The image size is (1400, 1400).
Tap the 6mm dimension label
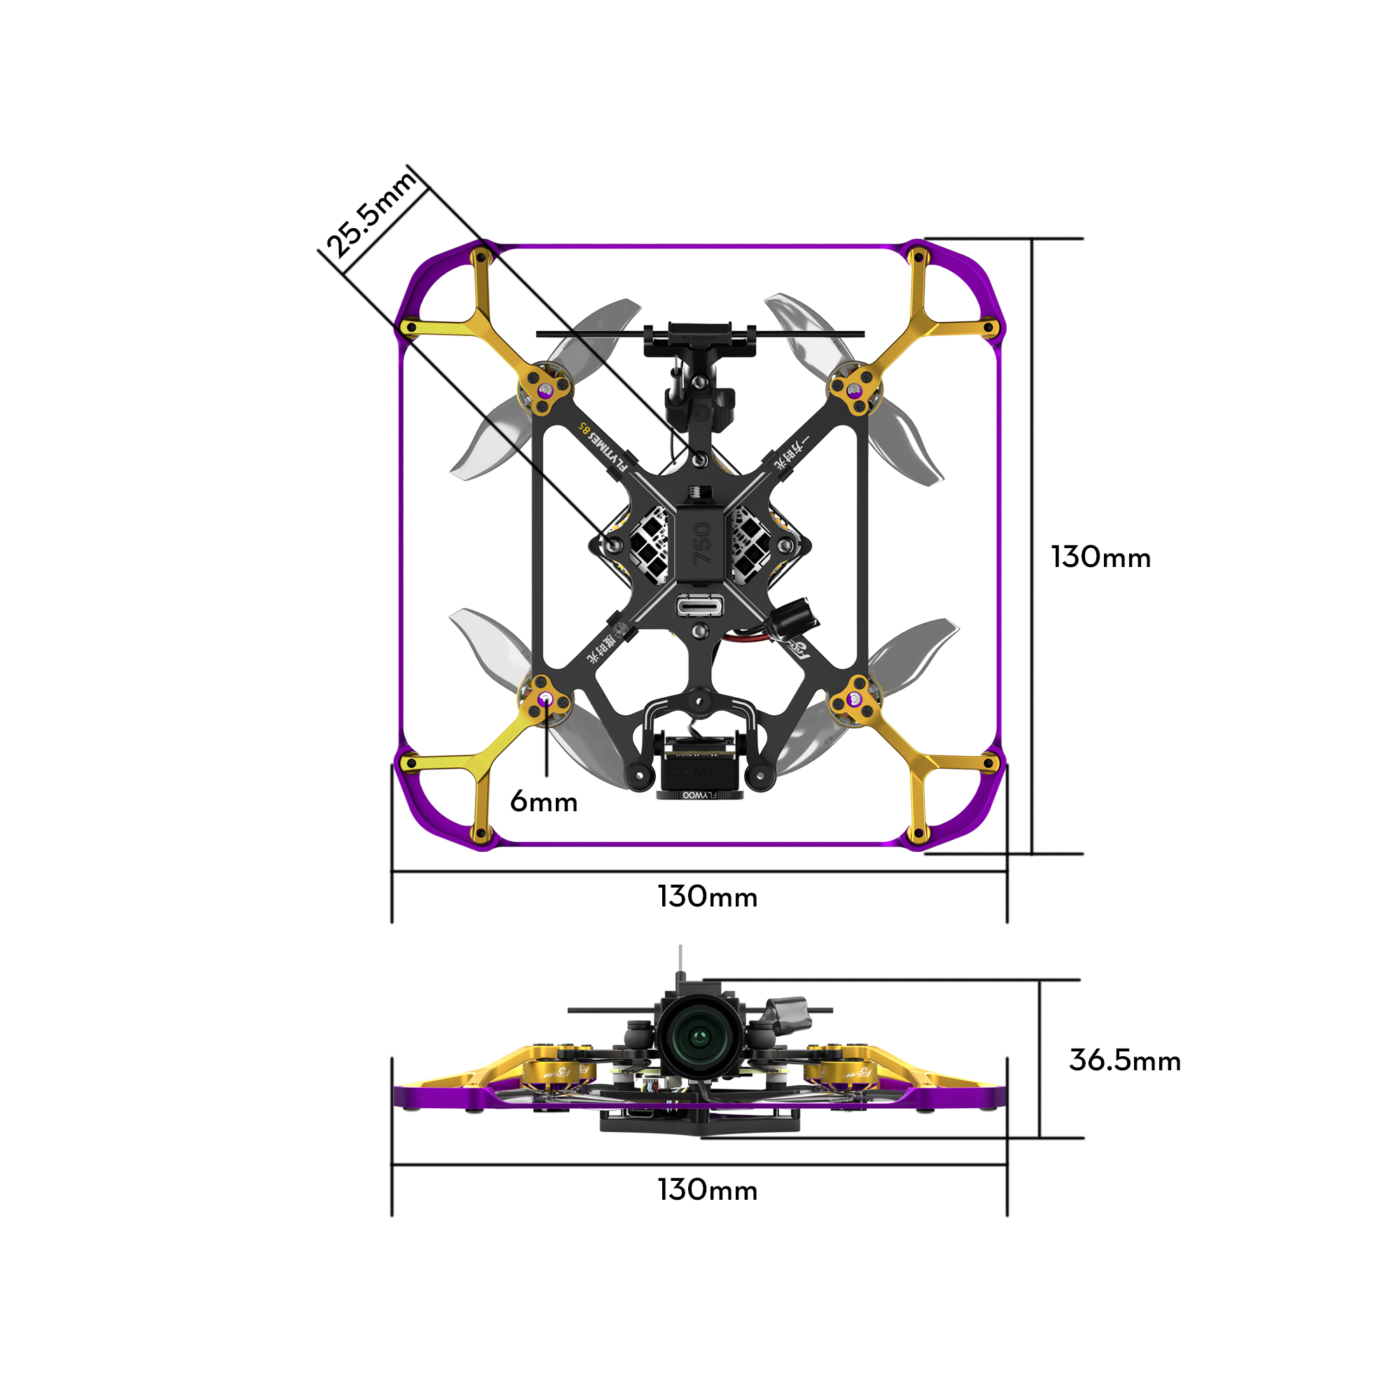(x=543, y=802)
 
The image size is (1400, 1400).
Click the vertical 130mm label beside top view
(x=1100, y=557)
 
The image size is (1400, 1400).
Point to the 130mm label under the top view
(x=707, y=897)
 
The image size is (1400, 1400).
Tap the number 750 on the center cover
(x=701, y=543)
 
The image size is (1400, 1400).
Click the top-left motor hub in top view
(x=545, y=392)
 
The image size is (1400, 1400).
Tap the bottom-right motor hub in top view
(x=855, y=699)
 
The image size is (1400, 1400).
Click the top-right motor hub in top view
(x=855, y=391)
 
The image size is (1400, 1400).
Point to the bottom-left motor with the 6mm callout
(x=545, y=699)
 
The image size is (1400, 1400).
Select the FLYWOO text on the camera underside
(x=699, y=795)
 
